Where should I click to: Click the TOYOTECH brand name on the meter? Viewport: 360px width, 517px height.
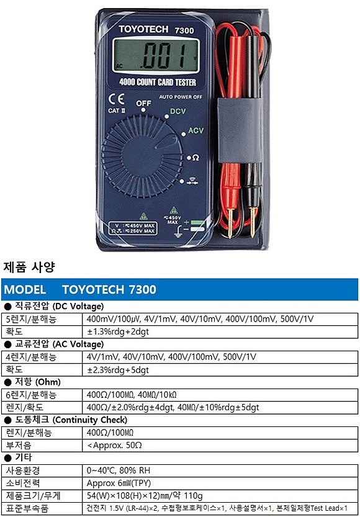point(141,29)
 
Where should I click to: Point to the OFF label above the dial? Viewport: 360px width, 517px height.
point(144,103)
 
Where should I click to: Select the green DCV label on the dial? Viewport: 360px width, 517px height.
point(178,112)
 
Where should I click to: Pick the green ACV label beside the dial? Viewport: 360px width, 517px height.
point(196,131)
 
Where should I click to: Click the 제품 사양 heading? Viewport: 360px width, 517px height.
point(29,267)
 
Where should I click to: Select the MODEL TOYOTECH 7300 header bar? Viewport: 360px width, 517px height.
point(179,290)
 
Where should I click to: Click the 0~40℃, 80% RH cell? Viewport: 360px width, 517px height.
point(120,470)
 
